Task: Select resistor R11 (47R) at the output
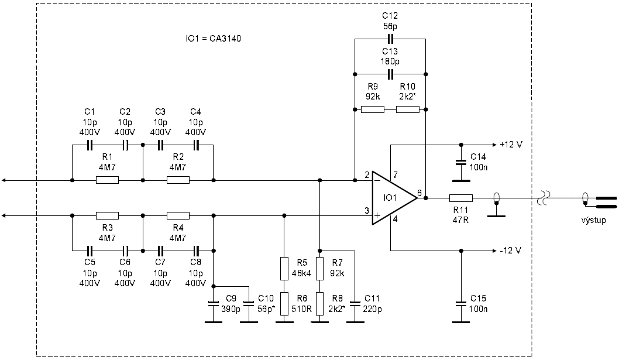tap(460, 198)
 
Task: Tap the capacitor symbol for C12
tap(390, 39)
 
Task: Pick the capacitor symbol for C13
tap(390, 74)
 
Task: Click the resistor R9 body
tap(372, 109)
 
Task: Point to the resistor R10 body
tap(408, 109)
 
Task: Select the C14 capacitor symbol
tap(460, 162)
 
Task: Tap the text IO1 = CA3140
tap(213, 39)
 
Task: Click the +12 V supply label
tap(511, 145)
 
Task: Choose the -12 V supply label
tap(510, 251)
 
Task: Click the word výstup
tap(593, 220)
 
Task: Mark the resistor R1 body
tap(108, 180)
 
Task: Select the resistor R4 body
tap(178, 216)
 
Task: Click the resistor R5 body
tap(284, 268)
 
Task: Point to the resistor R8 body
tap(320, 303)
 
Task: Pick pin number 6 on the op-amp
tap(419, 193)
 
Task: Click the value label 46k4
tap(301, 273)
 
